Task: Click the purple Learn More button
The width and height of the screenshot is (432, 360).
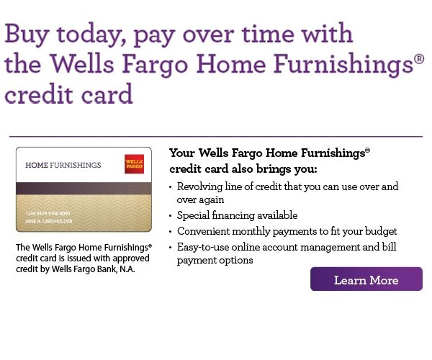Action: click(366, 279)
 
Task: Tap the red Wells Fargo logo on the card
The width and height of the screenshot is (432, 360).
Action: click(134, 163)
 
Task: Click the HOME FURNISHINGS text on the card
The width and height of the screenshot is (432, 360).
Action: click(63, 166)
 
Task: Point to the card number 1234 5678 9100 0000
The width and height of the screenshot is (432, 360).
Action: click(48, 214)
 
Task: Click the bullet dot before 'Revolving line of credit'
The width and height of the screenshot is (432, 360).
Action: click(171, 187)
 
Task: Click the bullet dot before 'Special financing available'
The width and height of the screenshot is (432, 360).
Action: click(171, 216)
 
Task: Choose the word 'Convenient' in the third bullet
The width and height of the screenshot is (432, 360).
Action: click(206, 231)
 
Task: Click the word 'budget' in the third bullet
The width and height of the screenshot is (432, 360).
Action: click(380, 231)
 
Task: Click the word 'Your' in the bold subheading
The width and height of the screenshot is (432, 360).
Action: click(182, 153)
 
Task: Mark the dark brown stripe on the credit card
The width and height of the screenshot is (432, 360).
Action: click(84, 189)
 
